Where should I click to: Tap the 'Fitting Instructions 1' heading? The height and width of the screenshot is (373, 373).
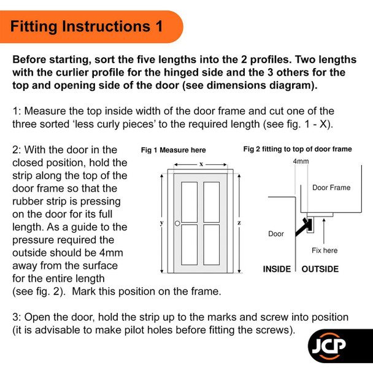click(x=87, y=26)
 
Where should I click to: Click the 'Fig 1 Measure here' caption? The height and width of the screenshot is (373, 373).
click(x=174, y=150)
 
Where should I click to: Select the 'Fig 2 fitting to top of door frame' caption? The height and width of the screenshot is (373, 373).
click(x=298, y=149)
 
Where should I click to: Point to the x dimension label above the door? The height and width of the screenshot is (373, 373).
click(x=201, y=164)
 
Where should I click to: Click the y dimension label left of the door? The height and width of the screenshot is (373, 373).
click(x=161, y=223)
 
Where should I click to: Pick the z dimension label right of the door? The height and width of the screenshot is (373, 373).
click(x=239, y=223)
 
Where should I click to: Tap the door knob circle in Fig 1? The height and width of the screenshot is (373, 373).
click(x=177, y=223)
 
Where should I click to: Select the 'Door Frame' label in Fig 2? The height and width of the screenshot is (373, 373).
click(x=331, y=188)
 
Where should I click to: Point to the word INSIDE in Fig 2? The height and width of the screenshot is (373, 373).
click(x=277, y=269)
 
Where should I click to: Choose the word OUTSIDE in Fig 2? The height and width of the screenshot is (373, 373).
click(x=320, y=269)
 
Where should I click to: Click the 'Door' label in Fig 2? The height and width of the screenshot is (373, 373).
click(x=277, y=234)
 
